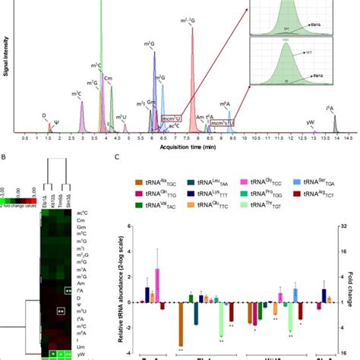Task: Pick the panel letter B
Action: [x=6, y=159]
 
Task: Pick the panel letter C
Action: [x=115, y=159]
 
